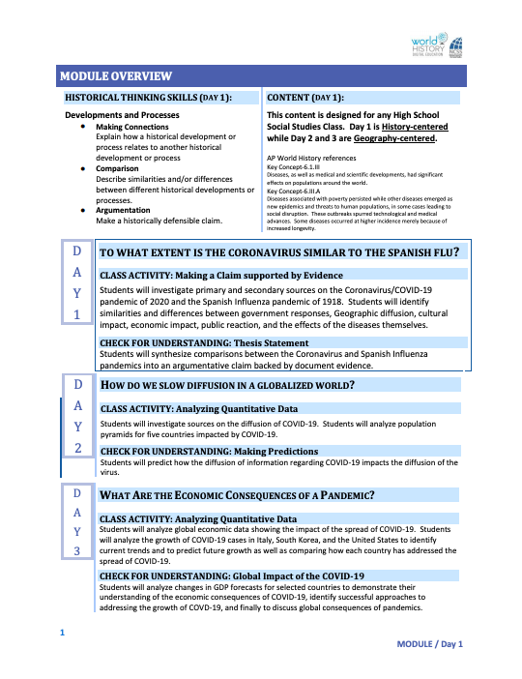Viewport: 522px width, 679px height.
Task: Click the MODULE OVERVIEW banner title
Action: (x=116, y=75)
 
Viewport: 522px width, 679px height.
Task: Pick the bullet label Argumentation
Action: (x=123, y=209)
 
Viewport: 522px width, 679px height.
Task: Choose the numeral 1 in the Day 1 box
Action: (x=77, y=314)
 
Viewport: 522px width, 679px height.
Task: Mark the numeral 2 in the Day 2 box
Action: (x=77, y=447)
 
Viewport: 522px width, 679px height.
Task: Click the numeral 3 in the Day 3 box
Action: (x=77, y=550)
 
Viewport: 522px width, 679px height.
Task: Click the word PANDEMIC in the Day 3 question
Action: (x=342, y=495)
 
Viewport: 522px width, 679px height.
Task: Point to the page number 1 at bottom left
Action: (x=62, y=633)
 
